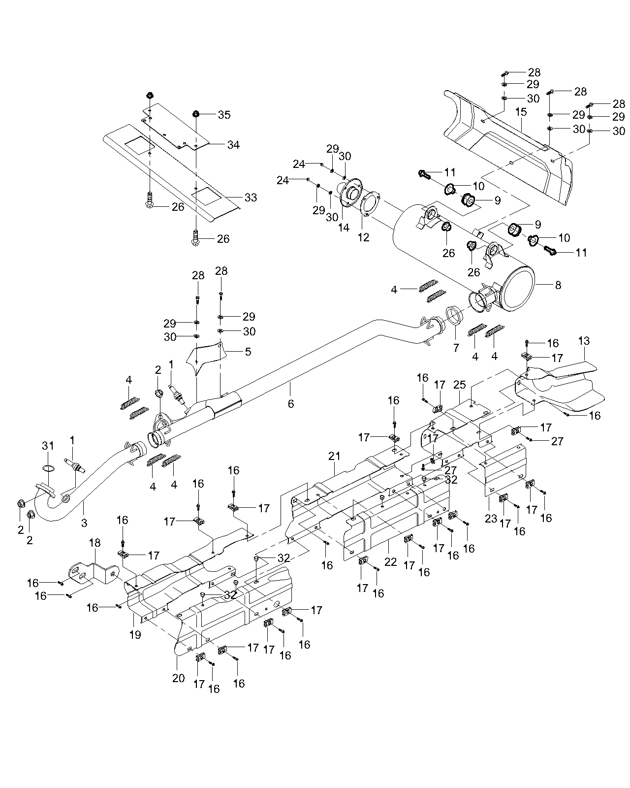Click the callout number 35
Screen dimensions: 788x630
tap(224, 115)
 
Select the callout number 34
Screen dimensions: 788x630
tap(233, 145)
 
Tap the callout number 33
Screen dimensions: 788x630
tap(251, 197)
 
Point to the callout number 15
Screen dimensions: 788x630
tap(521, 112)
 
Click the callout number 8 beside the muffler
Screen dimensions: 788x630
tap(558, 285)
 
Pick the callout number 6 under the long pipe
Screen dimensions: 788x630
tap(291, 404)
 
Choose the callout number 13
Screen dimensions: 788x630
tap(584, 341)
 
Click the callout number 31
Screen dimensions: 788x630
tap(47, 446)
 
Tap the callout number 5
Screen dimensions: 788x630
tap(248, 351)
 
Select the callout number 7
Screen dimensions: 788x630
tap(456, 348)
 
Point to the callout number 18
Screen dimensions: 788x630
tap(94, 543)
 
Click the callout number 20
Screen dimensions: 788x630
tap(178, 678)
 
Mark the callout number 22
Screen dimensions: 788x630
tap(390, 561)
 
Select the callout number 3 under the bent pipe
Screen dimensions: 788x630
tap(84, 523)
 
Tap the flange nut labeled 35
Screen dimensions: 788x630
tap(196, 114)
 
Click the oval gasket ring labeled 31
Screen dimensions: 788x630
tap(48, 467)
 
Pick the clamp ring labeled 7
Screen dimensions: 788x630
tap(453, 315)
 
